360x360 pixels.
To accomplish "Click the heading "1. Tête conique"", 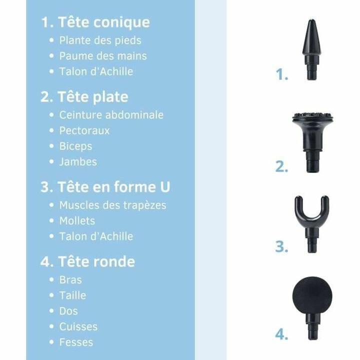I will click(x=95, y=22).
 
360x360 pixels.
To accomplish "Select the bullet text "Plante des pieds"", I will click(x=100, y=40).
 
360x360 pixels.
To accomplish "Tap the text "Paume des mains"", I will click(x=103, y=56).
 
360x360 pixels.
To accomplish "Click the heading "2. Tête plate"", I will click(x=84, y=96).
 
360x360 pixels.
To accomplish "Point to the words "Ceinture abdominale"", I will click(x=111, y=115).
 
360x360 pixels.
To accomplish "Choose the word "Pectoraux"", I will click(x=84, y=130).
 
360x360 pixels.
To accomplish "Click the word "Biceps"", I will click(x=75, y=146).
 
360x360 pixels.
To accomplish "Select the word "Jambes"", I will click(x=78, y=162).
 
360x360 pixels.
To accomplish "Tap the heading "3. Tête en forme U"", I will click(x=105, y=187).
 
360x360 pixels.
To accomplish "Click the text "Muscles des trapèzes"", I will click(x=112, y=205).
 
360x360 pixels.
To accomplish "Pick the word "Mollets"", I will click(x=77, y=220).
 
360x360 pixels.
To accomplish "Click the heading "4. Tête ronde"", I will click(x=87, y=261).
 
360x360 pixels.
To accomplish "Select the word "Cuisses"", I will click(x=78, y=327).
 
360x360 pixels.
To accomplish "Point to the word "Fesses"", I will click(x=76, y=342).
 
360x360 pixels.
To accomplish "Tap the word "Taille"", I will click(x=72, y=295).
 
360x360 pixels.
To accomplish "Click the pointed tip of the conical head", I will click(x=311, y=22).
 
